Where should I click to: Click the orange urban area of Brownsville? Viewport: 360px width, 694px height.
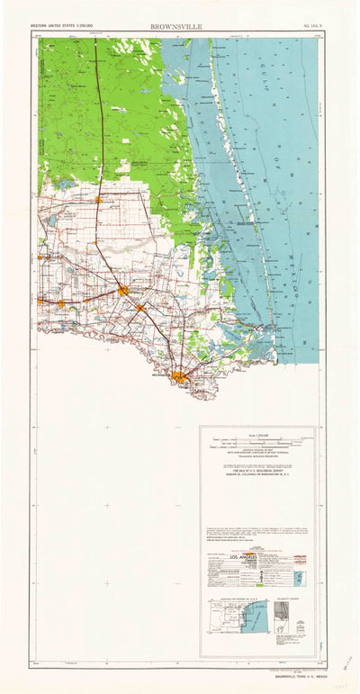183,377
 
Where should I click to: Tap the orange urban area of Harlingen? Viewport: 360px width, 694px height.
123,290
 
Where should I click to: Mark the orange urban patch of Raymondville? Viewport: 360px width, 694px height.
98,199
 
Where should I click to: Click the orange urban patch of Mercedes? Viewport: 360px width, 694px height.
61,303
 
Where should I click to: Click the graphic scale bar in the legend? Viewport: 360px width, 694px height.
256,442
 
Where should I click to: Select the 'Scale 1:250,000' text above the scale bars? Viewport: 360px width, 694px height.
256,433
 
